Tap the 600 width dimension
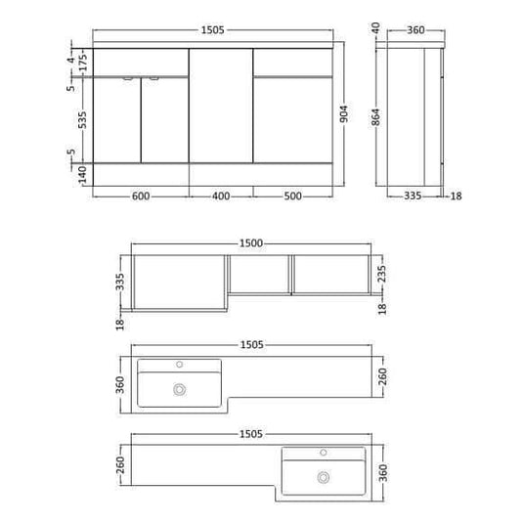(x=140, y=196)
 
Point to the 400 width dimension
(x=221, y=196)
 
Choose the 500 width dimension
(x=292, y=196)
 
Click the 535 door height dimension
(x=83, y=118)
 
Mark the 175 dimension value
(x=83, y=61)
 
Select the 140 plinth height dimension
(x=83, y=174)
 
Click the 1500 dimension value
(x=251, y=242)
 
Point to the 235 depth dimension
(x=382, y=274)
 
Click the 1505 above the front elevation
(x=212, y=30)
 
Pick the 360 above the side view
(x=415, y=30)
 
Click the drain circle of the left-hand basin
(x=179, y=388)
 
